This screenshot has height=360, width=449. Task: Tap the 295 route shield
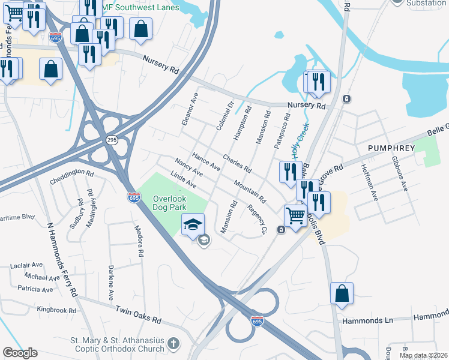112,140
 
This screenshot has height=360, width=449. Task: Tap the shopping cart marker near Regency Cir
295,215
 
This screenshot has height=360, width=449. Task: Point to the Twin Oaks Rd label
139,313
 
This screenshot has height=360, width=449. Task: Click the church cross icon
173,344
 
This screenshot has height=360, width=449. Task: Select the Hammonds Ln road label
366,321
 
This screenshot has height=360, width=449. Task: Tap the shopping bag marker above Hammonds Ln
342,294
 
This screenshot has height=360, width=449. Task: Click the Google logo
20,353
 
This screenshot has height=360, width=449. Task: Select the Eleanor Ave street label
190,109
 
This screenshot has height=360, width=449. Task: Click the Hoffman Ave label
369,179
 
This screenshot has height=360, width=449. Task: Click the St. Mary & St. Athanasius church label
118,344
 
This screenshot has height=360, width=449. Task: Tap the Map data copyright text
423,355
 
